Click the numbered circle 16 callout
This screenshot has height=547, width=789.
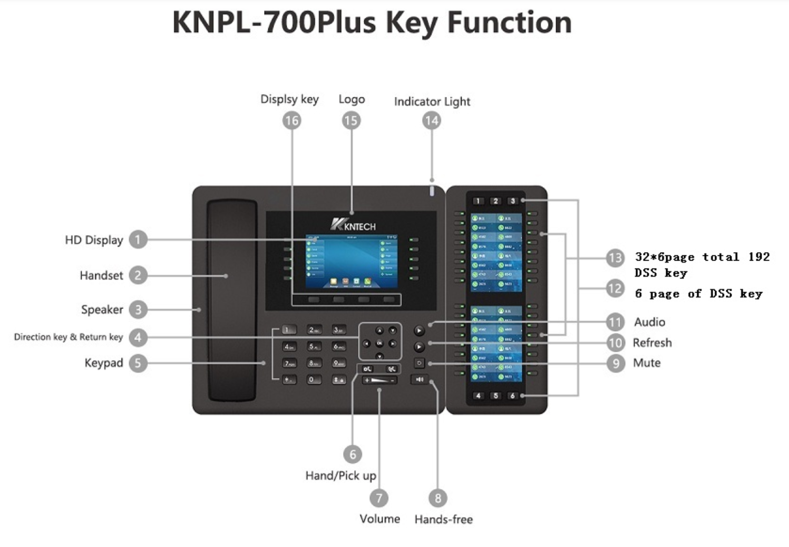(291, 121)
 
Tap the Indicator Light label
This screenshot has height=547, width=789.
(432, 101)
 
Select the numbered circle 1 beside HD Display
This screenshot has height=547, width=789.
(138, 240)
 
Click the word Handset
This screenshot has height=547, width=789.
(101, 275)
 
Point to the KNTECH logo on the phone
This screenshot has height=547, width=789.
(353, 225)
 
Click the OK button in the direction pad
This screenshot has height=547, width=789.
(379, 343)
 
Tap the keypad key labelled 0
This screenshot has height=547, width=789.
(314, 379)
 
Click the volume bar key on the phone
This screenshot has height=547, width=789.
(379, 380)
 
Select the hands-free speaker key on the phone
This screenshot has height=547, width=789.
(420, 379)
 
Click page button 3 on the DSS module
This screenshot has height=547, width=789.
(512, 201)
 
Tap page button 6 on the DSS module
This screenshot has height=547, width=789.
(512, 396)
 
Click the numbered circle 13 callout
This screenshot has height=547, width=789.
(615, 257)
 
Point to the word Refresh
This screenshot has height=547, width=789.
(652, 343)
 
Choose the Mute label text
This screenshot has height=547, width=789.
(646, 363)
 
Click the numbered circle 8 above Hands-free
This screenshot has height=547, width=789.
(437, 498)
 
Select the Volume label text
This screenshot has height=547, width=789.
(379, 519)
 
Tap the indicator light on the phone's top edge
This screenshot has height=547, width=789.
(432, 191)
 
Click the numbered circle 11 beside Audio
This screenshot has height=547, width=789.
(615, 322)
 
